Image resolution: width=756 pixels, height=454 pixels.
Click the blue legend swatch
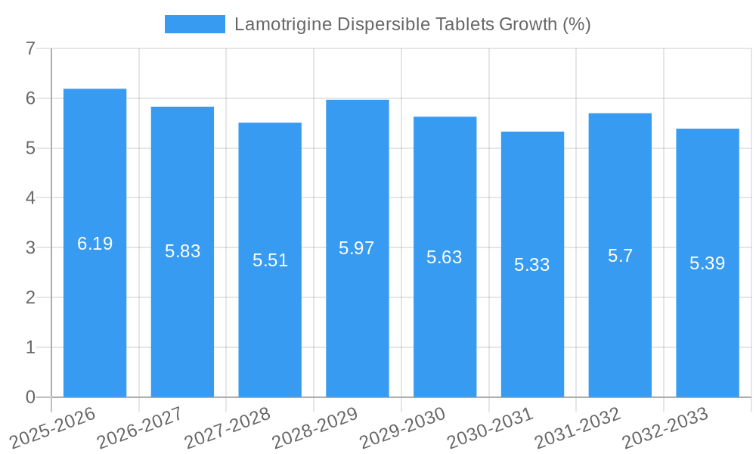tap(195, 24)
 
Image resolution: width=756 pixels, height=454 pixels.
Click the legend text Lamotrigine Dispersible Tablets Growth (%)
tap(412, 24)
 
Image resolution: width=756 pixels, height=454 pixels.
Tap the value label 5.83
tap(182, 251)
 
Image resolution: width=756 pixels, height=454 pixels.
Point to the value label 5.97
tap(357, 248)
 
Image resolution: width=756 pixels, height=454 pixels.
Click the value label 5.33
tap(532, 265)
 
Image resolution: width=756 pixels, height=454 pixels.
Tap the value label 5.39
tap(708, 263)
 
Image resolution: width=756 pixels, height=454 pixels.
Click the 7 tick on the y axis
tap(30, 49)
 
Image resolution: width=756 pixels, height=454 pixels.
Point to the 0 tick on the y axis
tap(30, 397)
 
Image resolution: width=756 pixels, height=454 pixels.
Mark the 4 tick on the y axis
tap(30, 198)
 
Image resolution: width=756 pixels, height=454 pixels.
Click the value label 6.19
tap(94, 244)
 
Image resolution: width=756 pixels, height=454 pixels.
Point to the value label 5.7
tap(620, 256)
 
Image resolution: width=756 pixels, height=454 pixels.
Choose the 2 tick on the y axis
tap(30, 297)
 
